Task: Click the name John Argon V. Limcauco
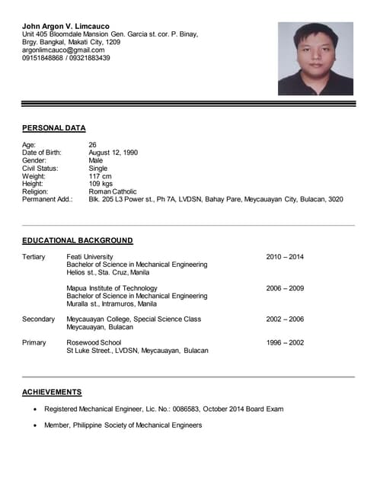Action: click(66, 27)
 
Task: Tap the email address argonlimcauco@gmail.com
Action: click(62, 50)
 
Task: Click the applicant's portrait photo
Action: click(315, 59)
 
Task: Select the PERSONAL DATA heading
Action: click(54, 128)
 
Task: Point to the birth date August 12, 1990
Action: click(113, 152)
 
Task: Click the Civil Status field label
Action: click(40, 169)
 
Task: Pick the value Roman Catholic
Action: click(113, 192)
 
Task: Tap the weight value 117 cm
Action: click(101, 176)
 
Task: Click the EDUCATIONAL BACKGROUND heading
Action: click(78, 240)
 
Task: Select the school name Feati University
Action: click(90, 257)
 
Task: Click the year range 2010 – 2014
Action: click(285, 257)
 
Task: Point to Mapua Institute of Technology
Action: click(112, 288)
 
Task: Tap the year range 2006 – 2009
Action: click(285, 288)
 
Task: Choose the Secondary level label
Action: click(39, 319)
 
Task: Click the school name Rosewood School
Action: click(94, 343)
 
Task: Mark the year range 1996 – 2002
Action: click(285, 343)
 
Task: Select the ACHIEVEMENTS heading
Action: click(52, 392)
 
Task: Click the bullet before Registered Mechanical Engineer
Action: click(35, 409)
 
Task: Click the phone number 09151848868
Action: click(43, 58)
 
